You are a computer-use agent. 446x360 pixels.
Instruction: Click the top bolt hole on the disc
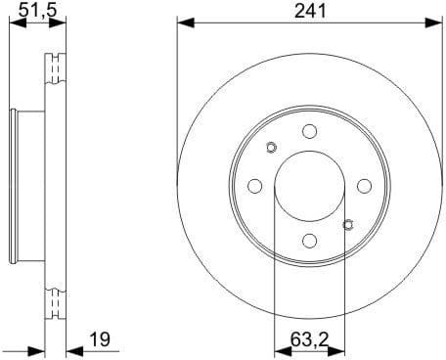pyautogui.click(x=309, y=132)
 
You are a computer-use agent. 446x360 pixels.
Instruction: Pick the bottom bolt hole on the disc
pyautogui.click(x=309, y=241)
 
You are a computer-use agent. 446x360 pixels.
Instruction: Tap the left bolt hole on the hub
pyautogui.click(x=254, y=186)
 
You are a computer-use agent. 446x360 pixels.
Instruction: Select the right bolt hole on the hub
pyautogui.click(x=364, y=186)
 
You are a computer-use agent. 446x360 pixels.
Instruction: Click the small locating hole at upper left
pyautogui.click(x=271, y=148)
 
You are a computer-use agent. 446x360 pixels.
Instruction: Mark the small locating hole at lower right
pyautogui.click(x=347, y=225)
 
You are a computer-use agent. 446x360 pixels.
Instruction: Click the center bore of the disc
pyautogui.click(x=309, y=186)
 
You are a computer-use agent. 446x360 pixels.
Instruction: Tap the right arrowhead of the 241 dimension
pyautogui.click(x=434, y=22)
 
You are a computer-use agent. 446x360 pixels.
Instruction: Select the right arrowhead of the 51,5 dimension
pyautogui.click(x=61, y=22)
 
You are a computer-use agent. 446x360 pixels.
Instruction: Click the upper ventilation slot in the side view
pyautogui.click(x=55, y=73)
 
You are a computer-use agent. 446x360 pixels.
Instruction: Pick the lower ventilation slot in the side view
pyautogui.click(x=55, y=298)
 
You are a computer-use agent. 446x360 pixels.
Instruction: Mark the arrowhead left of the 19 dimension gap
pyautogui.click(x=40, y=348)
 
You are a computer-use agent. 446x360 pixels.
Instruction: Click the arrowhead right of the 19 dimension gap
pyautogui.click(x=71, y=348)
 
